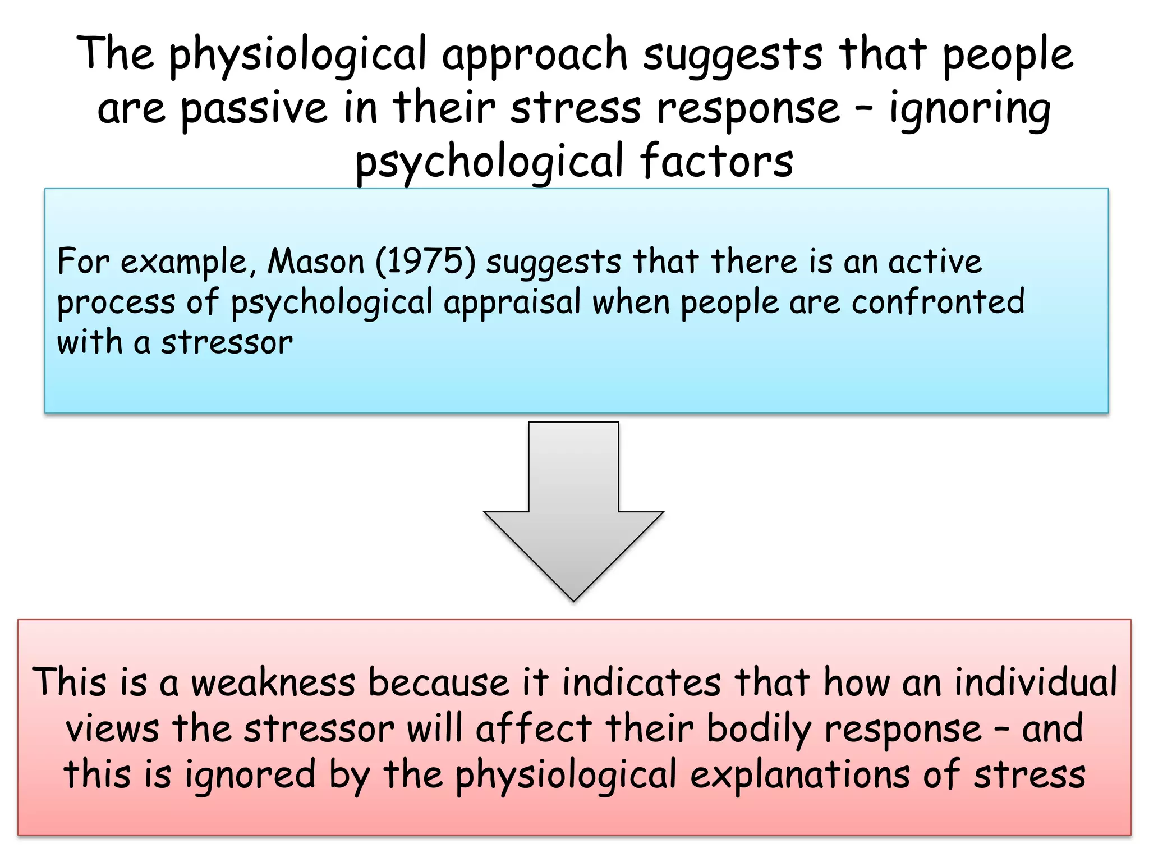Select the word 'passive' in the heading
254,109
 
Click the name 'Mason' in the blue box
316,262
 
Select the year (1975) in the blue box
425,262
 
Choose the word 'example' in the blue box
184,263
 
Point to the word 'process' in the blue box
116,303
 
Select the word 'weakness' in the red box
273,683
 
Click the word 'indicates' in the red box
642,683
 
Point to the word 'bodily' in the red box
759,730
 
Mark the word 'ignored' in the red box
250,776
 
